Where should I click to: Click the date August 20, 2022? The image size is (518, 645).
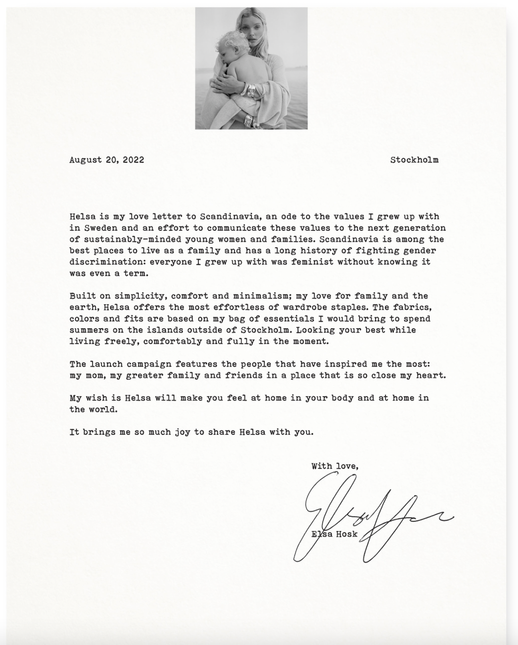click(107, 160)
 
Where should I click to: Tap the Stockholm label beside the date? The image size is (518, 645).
click(414, 160)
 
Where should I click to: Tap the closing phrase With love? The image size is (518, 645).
click(335, 466)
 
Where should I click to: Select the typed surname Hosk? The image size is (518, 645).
click(347, 534)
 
